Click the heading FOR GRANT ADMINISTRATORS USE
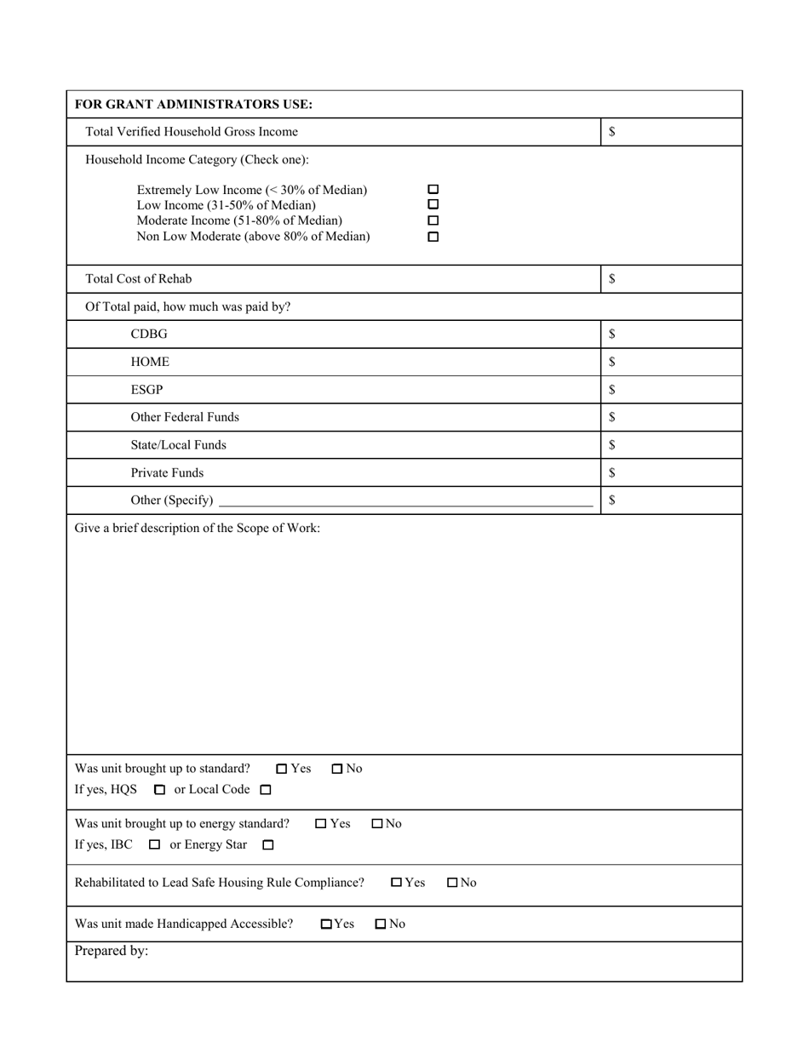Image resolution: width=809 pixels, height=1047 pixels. point(193,105)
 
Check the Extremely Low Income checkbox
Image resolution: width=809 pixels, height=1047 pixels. point(433,190)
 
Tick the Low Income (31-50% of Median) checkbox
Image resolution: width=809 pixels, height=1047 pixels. point(433,205)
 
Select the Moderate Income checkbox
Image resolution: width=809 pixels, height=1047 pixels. point(433,221)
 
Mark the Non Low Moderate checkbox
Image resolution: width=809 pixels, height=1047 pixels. point(433,237)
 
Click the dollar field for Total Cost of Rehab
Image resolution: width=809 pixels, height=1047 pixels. point(673,279)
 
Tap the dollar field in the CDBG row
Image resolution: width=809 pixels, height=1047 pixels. point(673,335)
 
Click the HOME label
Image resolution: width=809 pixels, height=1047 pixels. point(150,362)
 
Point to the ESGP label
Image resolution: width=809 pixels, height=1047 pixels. point(146,390)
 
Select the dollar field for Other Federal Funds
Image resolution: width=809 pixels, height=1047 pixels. point(673,417)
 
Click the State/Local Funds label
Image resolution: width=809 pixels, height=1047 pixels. point(178,445)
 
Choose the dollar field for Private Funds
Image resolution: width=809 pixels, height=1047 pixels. point(673,472)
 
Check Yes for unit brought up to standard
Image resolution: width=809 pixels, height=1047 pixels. point(282,769)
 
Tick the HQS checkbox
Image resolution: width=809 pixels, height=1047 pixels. point(159,790)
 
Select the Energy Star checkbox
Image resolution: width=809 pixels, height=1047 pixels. point(268,845)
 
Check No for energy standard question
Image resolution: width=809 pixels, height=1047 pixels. point(377,824)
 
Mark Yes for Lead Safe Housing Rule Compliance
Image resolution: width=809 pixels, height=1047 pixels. point(397,883)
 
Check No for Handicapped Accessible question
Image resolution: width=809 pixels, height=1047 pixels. point(381,924)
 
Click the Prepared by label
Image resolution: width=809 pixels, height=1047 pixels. point(112,951)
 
